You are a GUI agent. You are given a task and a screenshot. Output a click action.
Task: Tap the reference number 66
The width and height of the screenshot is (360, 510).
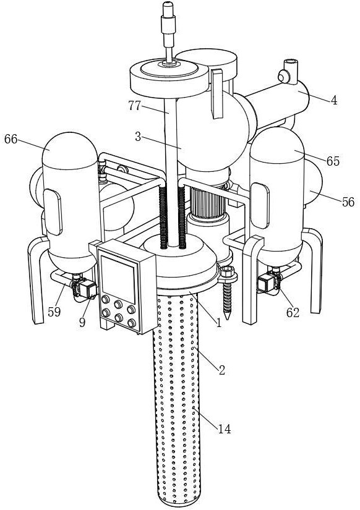[11, 139]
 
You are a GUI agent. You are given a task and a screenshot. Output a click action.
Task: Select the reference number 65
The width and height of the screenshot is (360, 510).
[333, 161]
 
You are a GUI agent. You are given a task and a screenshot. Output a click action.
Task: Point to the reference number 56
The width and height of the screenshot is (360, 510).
[348, 202]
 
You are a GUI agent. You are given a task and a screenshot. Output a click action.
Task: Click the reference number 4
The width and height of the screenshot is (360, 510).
[334, 101]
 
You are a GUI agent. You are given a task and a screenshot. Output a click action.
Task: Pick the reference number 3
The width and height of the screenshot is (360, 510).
[138, 137]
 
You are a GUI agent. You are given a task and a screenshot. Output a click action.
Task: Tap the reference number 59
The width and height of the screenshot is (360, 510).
[54, 312]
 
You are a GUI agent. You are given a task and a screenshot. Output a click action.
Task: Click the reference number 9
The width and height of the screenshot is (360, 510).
[82, 322]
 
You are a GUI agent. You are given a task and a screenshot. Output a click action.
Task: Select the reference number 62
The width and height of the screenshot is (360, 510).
[293, 313]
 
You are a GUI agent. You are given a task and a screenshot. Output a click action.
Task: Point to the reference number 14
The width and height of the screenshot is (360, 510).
[225, 429]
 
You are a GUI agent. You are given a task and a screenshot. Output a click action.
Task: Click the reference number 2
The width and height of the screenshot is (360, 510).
[222, 370]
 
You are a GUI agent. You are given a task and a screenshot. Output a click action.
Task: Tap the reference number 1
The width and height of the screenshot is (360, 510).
[218, 323]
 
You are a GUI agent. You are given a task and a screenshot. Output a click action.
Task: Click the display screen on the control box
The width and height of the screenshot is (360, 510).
[118, 279]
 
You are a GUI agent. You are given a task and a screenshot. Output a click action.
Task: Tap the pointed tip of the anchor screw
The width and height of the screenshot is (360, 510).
[228, 318]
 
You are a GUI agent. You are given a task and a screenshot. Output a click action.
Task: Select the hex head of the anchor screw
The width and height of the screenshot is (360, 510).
[227, 271]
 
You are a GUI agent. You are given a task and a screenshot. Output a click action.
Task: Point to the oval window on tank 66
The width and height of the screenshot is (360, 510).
[53, 212]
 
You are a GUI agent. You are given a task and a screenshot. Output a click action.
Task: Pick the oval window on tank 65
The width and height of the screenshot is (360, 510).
[260, 206]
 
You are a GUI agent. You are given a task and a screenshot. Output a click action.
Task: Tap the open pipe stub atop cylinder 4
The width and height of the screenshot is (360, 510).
[291, 67]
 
